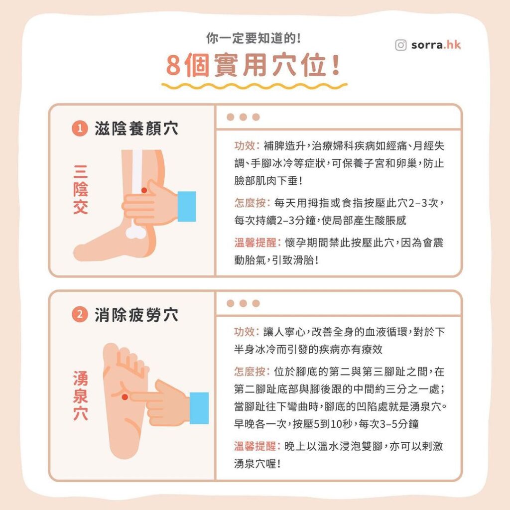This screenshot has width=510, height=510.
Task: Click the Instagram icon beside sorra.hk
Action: (x=401, y=45)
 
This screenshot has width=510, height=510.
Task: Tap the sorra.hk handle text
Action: (x=436, y=45)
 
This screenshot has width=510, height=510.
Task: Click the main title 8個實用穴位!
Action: (x=254, y=67)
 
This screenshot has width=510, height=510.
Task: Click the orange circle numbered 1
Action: (x=80, y=129)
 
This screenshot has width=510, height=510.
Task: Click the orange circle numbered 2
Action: (x=80, y=315)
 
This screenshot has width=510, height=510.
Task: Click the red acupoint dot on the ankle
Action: (x=144, y=190)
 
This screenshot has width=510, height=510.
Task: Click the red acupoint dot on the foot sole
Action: (x=125, y=396)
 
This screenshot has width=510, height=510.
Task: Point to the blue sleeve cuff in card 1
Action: (x=187, y=206)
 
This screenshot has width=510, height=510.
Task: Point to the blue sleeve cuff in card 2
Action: (x=199, y=408)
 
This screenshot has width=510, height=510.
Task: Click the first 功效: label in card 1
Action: (x=247, y=147)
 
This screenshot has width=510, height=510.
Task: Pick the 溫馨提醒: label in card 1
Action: (x=257, y=243)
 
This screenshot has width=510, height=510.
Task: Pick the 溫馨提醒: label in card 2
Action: (x=257, y=446)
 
